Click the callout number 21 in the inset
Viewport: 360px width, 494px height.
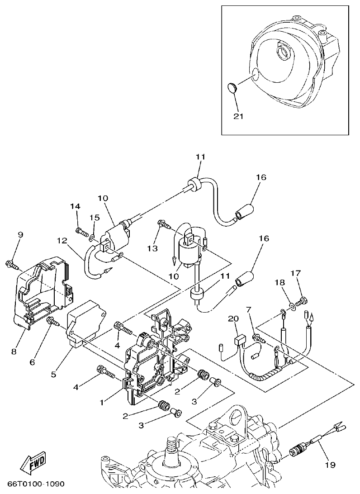click(x=238, y=116)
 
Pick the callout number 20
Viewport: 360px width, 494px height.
click(x=233, y=319)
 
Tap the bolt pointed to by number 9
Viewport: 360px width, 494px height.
click(x=11, y=263)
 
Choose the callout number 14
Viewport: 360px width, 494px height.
click(x=75, y=206)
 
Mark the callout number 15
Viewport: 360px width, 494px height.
click(x=94, y=218)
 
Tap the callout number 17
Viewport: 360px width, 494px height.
click(x=295, y=273)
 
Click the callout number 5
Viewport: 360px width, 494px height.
click(x=53, y=374)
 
